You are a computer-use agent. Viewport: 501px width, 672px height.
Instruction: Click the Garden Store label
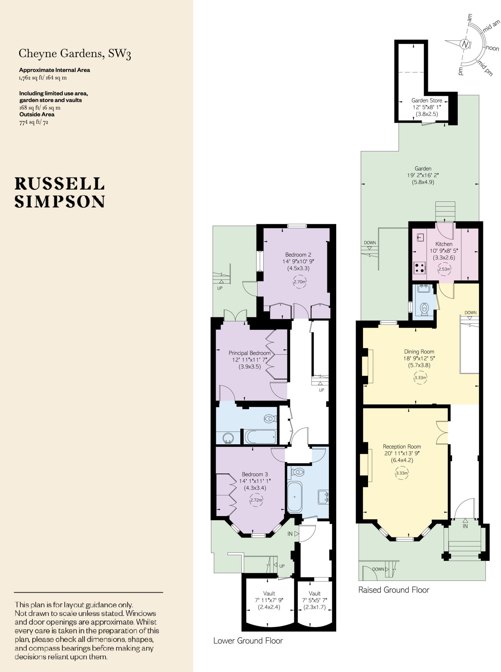point(426,100)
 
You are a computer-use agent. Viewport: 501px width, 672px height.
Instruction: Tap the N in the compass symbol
point(464,44)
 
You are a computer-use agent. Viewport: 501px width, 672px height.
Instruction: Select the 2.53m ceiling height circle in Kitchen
point(444,269)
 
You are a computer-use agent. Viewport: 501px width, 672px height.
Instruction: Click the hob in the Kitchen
point(419,267)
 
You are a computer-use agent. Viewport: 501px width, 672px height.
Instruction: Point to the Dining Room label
point(419,351)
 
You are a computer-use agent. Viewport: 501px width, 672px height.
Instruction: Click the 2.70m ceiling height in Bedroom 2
point(299,282)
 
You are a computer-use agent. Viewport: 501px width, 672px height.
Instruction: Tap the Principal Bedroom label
point(250,353)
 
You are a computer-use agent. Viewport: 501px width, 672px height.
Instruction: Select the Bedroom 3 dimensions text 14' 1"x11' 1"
point(255,481)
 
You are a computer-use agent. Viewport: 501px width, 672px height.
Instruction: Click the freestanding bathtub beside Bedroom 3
point(294,497)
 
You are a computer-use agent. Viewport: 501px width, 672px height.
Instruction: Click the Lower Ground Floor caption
point(248,640)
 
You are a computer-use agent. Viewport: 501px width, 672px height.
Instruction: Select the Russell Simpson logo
point(59,193)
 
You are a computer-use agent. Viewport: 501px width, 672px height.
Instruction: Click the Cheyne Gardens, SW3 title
point(75,53)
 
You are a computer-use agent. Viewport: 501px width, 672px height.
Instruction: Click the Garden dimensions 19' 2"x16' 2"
point(423,175)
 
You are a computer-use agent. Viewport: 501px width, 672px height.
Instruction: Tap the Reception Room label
point(402,447)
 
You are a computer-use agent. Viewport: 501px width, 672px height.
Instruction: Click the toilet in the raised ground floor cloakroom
point(425,309)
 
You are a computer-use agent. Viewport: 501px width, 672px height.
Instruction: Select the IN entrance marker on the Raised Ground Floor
point(465,526)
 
